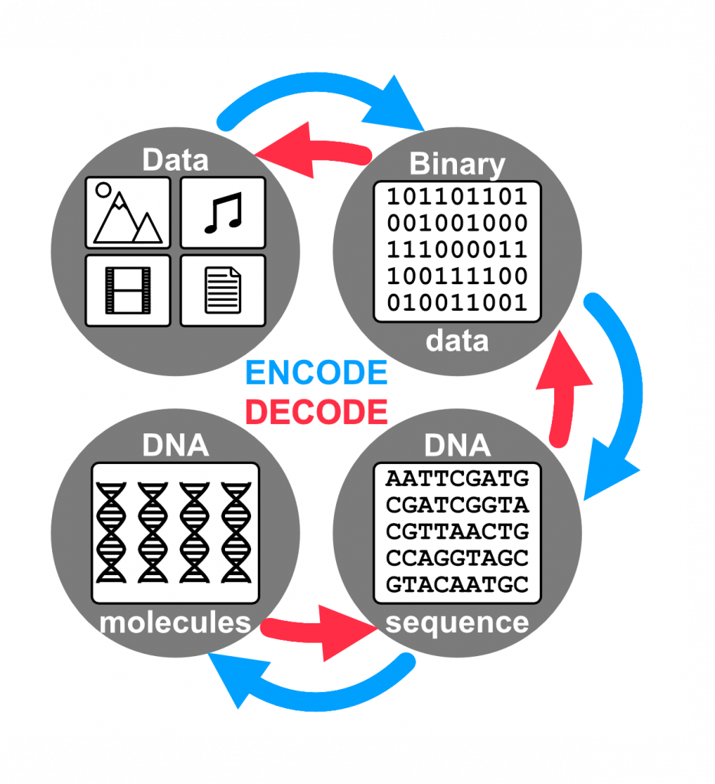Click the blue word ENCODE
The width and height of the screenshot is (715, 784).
click(316, 373)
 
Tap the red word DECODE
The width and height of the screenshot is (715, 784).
click(316, 412)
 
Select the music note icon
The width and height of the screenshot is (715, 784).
click(224, 213)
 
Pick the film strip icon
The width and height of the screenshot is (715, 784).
click(128, 290)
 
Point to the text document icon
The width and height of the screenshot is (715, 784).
click(223, 290)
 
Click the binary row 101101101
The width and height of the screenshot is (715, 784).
click(458, 197)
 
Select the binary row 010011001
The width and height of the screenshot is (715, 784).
click(458, 302)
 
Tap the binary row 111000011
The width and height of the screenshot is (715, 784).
click(458, 250)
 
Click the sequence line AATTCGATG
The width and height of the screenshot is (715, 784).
click(458, 479)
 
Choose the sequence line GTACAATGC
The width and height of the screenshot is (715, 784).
click(458, 584)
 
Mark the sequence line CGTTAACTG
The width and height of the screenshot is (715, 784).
click(458, 531)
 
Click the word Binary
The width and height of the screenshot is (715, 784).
click(458, 164)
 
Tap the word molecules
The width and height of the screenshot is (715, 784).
click(175, 622)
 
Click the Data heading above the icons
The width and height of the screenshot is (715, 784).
click(175, 160)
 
